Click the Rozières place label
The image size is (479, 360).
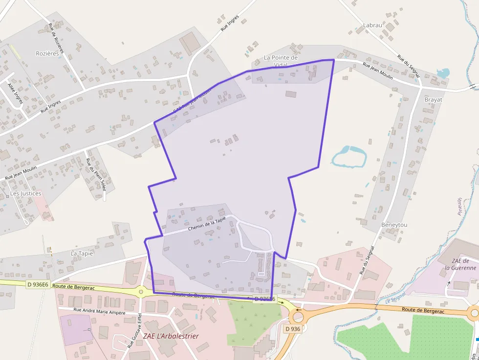point(47,53)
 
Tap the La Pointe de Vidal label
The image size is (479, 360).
point(281,61)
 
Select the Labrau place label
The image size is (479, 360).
point(372,25)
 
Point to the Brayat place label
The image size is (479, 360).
point(433,100)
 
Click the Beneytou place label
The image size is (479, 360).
point(394,225)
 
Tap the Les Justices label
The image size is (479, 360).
point(26,193)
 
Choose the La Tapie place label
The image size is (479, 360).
point(82,254)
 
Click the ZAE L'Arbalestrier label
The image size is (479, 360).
point(171,336)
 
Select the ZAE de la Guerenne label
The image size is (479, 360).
point(460,264)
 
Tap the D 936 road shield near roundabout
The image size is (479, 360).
point(292,329)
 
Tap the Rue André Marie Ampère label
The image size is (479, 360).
point(99,311)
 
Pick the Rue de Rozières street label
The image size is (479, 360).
point(57,39)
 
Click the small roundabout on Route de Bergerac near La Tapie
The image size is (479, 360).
point(141,292)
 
